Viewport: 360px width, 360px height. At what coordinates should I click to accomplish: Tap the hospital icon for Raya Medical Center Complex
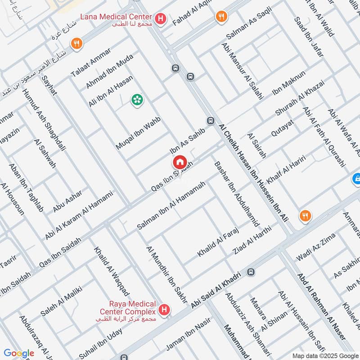pos(165,310)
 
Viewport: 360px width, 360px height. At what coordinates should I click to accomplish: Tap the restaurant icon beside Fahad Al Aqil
pos(221,17)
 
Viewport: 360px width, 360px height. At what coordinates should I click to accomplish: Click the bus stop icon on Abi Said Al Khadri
pos(251,272)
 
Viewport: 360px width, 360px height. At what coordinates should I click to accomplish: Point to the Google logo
pos(19,353)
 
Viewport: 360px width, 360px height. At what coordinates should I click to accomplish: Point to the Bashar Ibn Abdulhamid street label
pos(236,193)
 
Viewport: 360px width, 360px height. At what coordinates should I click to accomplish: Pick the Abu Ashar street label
pos(67,201)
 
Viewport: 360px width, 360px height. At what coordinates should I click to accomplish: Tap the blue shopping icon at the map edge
pos(356,179)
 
